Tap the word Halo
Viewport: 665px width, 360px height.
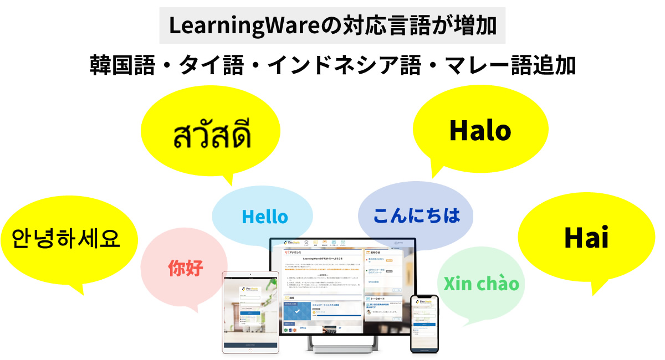[480, 131]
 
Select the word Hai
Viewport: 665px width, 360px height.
[586, 238]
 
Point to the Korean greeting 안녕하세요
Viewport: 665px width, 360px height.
[66, 239]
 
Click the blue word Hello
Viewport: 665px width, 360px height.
[265, 217]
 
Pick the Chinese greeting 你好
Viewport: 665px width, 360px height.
[186, 269]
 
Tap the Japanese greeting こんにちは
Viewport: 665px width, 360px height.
[417, 215]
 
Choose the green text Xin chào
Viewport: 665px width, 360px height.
[481, 284]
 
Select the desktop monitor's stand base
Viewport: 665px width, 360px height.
[342, 349]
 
